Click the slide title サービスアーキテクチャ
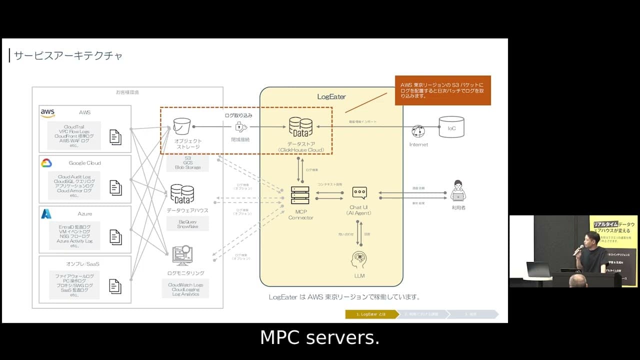tap(68, 55)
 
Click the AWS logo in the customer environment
tap(48, 113)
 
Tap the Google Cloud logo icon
tap(46, 163)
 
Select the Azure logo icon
tap(46, 214)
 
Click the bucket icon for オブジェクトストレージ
tap(182, 127)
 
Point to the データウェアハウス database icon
tap(182, 194)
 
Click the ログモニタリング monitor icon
tap(182, 255)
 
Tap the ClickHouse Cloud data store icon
tap(300, 127)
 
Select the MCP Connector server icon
tap(300, 195)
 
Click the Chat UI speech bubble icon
tap(359, 192)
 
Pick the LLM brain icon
tap(358, 260)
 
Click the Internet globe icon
tap(418, 131)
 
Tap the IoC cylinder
tap(451, 127)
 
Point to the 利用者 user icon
tap(458, 190)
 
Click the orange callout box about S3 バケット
tap(442, 90)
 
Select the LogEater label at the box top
tap(331, 96)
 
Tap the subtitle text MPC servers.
tap(319, 338)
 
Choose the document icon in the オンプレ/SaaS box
tap(115, 286)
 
